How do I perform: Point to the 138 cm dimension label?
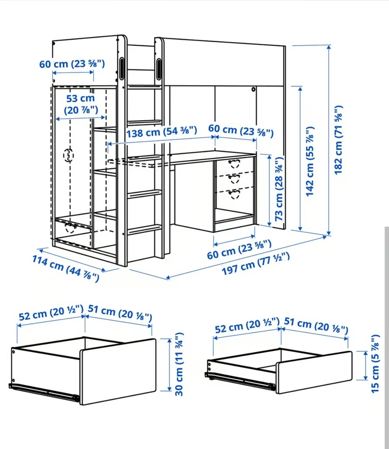(161, 132)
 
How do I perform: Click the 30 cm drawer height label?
(179, 364)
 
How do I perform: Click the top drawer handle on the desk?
(234, 164)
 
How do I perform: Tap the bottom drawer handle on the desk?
(234, 194)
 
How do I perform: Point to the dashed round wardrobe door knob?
(68, 155)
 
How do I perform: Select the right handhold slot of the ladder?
(158, 69)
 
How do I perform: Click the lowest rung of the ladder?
(145, 229)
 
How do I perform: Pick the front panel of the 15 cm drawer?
(314, 372)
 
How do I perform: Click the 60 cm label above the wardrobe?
(72, 64)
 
